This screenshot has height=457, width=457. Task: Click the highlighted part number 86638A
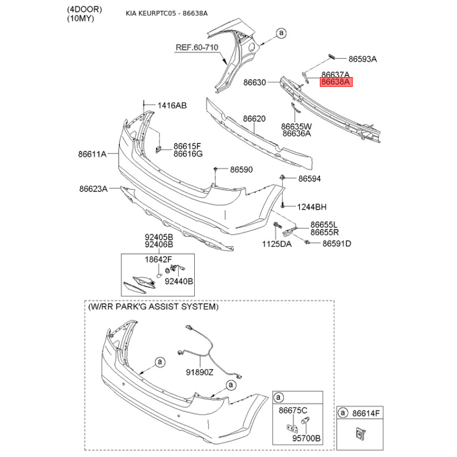(336, 82)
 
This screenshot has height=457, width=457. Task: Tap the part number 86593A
(363, 59)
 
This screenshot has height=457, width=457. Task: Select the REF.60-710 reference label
(197, 47)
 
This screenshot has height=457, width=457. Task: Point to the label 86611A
(92, 154)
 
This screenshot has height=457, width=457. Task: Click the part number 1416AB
(172, 106)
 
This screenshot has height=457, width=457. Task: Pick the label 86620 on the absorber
(254, 119)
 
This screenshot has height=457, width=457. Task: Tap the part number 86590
(241, 169)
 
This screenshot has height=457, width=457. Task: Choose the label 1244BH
(311, 207)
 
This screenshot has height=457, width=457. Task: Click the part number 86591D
(336, 243)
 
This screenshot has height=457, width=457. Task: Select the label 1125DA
(276, 244)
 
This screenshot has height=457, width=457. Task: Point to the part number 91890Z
(199, 372)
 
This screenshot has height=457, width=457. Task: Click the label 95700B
(306, 438)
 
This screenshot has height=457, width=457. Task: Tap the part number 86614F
(366, 413)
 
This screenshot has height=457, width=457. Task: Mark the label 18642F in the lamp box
(158, 259)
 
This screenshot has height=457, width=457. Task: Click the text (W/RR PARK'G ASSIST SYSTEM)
(153, 307)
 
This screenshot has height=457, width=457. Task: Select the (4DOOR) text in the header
(85, 9)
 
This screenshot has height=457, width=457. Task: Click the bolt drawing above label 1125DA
(277, 226)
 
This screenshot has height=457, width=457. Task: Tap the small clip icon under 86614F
(360, 434)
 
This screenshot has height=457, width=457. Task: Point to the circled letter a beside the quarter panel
(281, 33)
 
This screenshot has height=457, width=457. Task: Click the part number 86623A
(93, 189)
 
